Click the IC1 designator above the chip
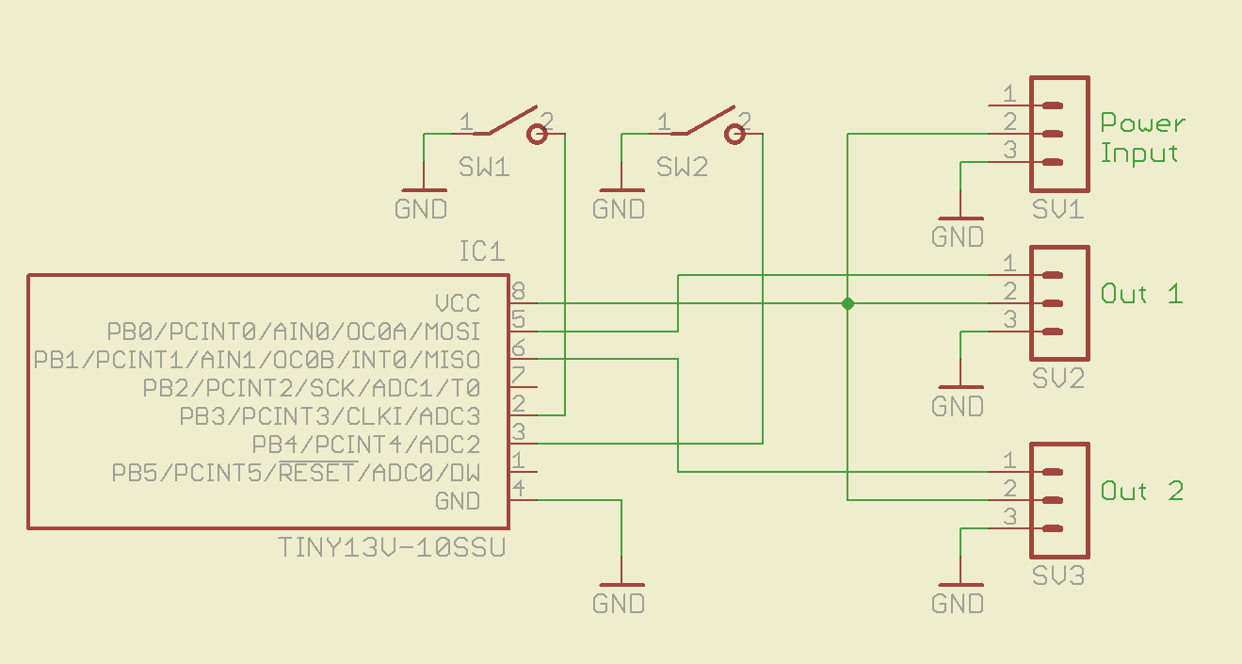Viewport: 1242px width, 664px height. [481, 251]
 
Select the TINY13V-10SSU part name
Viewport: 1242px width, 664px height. [392, 547]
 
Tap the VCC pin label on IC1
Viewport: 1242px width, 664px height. [458, 303]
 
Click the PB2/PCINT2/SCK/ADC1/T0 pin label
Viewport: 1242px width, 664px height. [311, 388]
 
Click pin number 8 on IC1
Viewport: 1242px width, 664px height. [519, 291]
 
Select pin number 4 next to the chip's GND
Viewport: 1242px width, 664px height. [519, 488]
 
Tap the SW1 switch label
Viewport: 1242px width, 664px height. [484, 168]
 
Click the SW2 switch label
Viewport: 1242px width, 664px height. [682, 168]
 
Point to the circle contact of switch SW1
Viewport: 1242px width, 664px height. [538, 135]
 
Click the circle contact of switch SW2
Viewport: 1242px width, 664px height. [735, 135]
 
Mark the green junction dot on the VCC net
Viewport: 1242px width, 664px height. [847, 303]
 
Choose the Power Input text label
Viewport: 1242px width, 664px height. [1142, 138]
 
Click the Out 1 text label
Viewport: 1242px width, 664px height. [1141, 294]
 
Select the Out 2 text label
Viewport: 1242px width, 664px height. [1141, 491]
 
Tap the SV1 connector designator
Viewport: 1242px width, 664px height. [1057, 209]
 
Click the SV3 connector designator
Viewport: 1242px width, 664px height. [1057, 575]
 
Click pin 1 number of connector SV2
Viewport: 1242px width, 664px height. [1009, 263]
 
